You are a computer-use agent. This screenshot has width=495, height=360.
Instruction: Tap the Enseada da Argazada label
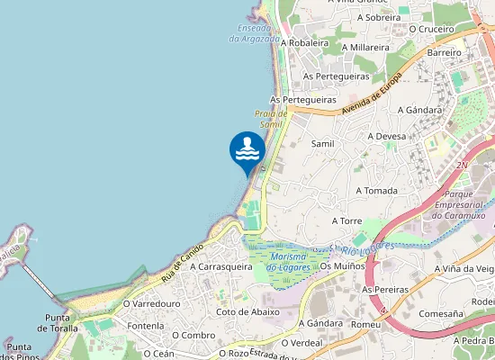tap(254, 32)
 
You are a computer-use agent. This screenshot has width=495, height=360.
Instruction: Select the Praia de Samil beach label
tap(271, 119)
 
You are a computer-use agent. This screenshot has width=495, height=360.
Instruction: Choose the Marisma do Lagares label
tap(290, 262)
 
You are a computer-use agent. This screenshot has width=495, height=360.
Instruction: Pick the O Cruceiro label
tap(431, 28)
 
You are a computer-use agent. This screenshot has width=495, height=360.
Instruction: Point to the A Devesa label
tap(387, 136)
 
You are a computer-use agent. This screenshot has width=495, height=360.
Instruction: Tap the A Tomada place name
tap(377, 191)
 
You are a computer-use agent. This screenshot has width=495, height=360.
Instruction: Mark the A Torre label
tap(346, 220)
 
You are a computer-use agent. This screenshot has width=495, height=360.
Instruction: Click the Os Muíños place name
tap(339, 266)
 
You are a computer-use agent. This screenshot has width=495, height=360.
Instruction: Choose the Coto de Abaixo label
tap(247, 311)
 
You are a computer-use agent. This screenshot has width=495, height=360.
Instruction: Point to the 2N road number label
tap(463, 166)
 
